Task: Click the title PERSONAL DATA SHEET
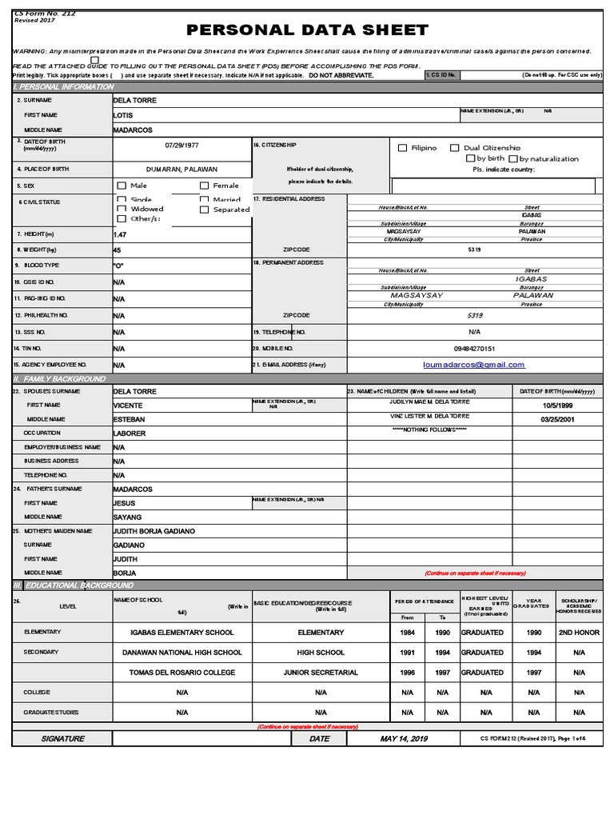[x=307, y=30]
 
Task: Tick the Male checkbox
[x=122, y=186]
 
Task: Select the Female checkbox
[x=204, y=186]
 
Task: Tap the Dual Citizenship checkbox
[x=455, y=148]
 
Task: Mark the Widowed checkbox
[x=122, y=209]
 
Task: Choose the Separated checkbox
[x=204, y=210]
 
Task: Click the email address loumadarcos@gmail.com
[x=474, y=365]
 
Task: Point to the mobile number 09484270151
[x=474, y=349]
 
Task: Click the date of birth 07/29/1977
[x=181, y=146]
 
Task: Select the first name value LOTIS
[x=123, y=115]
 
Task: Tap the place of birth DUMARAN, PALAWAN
[x=181, y=170]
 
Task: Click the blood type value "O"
[x=119, y=266]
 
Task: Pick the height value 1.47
[x=120, y=235]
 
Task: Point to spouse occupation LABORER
[x=130, y=433]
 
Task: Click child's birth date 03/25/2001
[x=557, y=419]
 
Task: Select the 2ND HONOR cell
[x=578, y=632]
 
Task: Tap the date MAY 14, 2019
[x=404, y=739]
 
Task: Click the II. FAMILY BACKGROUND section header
[x=60, y=378]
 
